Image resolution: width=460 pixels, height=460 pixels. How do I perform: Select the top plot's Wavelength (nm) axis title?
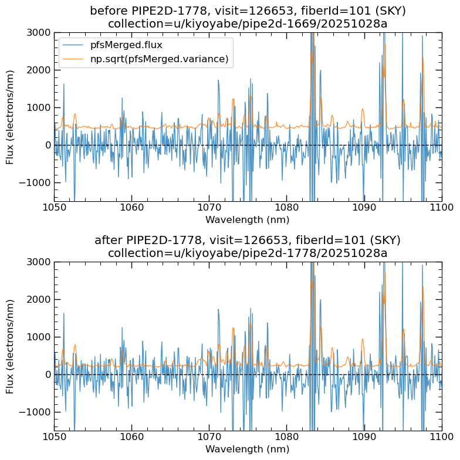pos(247,219)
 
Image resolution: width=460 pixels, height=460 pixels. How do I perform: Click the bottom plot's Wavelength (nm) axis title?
pos(247,449)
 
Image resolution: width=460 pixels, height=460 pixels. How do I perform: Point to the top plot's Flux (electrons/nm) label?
pos(10,117)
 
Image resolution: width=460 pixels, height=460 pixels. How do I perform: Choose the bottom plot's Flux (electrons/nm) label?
pos(10,346)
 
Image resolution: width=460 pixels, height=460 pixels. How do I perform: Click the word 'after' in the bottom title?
pos(110,241)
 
